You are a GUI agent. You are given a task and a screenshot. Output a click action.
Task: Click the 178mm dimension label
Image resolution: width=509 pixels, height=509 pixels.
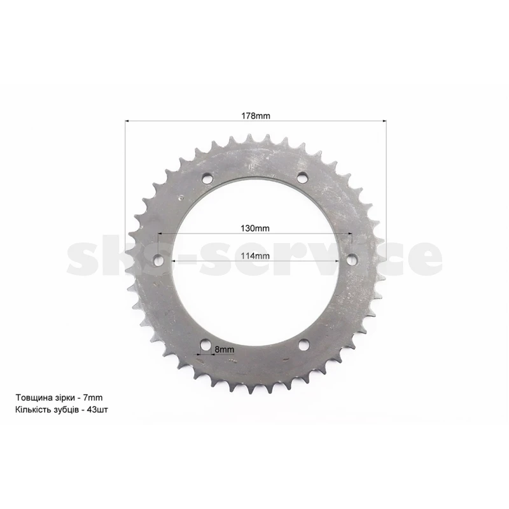tap(256, 116)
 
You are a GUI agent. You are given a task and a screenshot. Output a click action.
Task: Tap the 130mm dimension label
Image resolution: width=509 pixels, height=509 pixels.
tap(255, 228)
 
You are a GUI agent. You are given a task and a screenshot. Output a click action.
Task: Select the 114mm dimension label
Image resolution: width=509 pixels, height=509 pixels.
tap(255, 256)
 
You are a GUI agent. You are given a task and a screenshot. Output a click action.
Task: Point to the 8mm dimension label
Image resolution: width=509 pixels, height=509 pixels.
tap(225, 349)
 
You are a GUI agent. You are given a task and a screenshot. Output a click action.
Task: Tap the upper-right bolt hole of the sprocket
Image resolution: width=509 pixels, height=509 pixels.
tap(302, 178)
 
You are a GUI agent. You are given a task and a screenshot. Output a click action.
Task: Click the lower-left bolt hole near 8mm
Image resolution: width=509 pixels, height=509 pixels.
tap(206, 345)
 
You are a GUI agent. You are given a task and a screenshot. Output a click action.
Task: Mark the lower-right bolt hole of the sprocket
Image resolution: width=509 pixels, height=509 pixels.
tap(304, 345)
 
